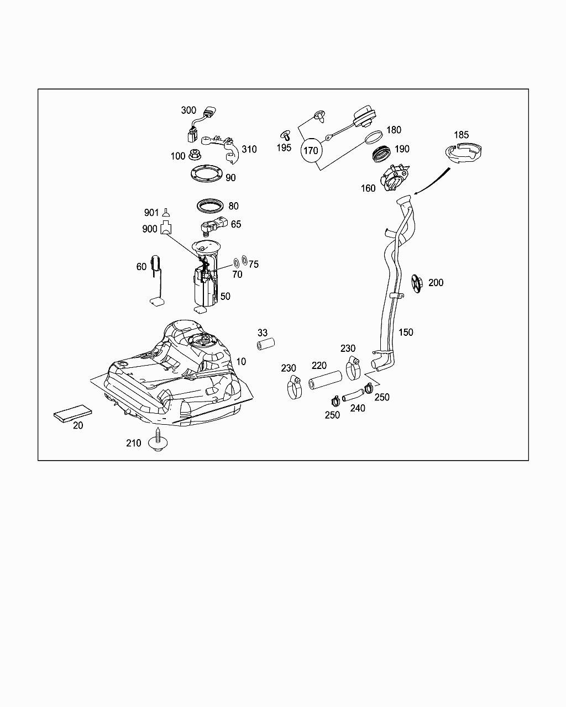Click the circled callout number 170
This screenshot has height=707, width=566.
point(311,150)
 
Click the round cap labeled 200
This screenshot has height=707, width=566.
point(417,283)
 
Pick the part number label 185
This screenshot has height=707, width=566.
point(461,135)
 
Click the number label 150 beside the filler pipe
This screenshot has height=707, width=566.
point(406,333)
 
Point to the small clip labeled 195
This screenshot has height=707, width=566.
point(286,134)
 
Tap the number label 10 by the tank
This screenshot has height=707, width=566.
point(242,362)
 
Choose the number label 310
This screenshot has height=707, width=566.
point(249,149)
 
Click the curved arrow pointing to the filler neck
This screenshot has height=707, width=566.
point(434,180)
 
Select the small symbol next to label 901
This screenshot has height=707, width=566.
point(166,211)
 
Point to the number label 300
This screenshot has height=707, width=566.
point(188,110)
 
